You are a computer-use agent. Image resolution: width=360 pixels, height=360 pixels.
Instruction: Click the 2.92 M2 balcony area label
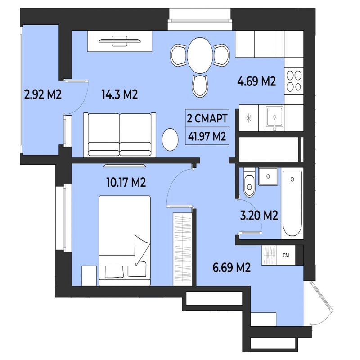[43, 94]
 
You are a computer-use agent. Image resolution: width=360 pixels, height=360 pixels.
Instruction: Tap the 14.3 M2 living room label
[120, 94]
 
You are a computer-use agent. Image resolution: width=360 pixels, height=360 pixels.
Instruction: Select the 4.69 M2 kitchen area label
[256, 81]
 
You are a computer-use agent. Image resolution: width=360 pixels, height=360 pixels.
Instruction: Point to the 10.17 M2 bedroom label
[126, 183]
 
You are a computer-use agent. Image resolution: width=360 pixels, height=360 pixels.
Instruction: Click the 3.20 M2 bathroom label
[259, 216]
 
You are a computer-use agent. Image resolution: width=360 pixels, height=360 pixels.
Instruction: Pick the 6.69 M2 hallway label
[231, 267]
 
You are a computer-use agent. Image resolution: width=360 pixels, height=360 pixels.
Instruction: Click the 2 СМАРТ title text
[207, 118]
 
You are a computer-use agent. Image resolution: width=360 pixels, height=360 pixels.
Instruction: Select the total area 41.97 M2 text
[207, 137]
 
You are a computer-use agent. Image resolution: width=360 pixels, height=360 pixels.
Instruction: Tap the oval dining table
[200, 55]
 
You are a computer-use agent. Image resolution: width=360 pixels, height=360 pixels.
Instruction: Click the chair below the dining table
[200, 85]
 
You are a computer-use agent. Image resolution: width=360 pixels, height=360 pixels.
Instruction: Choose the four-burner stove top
[294, 81]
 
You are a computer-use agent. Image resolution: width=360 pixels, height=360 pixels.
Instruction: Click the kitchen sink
[274, 118]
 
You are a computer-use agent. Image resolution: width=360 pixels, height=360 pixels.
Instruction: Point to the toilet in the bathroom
[249, 183]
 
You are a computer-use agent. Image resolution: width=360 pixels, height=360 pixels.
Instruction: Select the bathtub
[292, 203]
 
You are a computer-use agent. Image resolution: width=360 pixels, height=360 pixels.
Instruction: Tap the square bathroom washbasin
[268, 176]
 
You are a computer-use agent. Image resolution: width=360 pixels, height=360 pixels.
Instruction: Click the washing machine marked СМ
[286, 255]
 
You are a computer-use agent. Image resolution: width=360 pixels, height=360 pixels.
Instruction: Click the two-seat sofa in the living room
[120, 135]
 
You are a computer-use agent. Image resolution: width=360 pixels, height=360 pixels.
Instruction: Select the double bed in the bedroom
[125, 241]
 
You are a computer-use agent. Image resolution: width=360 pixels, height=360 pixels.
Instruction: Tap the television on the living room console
[120, 41]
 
